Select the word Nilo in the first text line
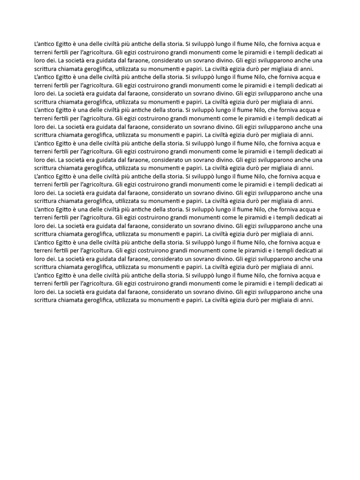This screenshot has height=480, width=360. coord(258,44)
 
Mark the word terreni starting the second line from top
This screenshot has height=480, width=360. coord(45,52)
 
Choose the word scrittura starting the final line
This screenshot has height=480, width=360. coord(46,300)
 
